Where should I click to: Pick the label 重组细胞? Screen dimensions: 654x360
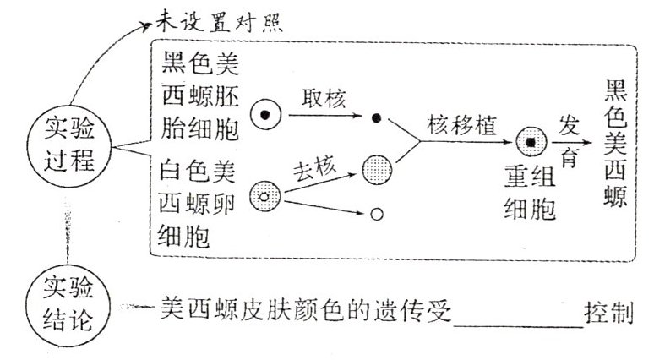[x=529, y=194]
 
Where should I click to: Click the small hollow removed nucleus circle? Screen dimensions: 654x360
[x=378, y=215]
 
